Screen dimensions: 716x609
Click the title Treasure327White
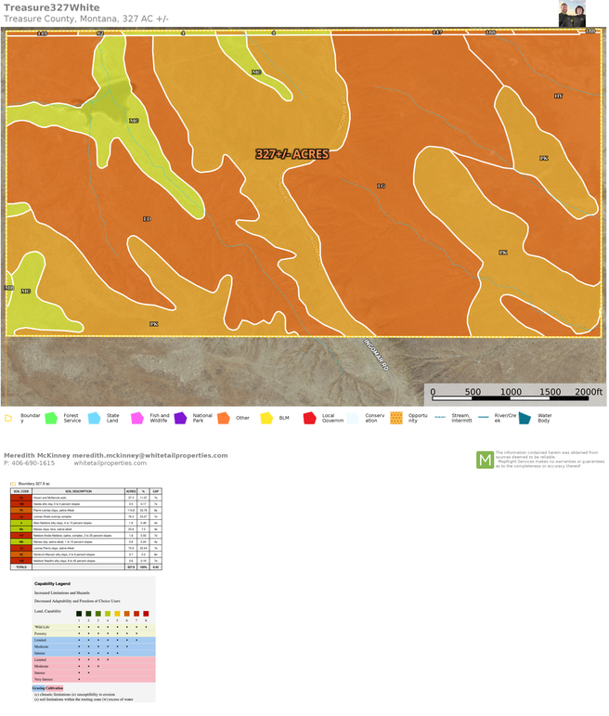pos(51,7)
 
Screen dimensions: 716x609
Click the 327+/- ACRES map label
pos(292,154)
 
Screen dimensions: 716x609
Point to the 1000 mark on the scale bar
pos(511,392)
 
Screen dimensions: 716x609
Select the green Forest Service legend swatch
pos(51,419)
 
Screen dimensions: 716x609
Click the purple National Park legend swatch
pos(180,419)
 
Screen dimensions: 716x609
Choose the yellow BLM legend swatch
pos(266,419)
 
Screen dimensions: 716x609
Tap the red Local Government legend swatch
pos(309,419)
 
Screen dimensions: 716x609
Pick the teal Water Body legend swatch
pos(525,419)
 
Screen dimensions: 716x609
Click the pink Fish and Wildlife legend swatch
pos(137,419)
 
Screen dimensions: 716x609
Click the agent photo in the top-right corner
pos(572,14)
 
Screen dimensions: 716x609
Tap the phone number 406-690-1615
pos(33,463)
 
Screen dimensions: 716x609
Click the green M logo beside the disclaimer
pos(485,460)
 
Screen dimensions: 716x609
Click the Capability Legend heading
pos(52,584)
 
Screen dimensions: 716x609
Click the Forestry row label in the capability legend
pos(41,633)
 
